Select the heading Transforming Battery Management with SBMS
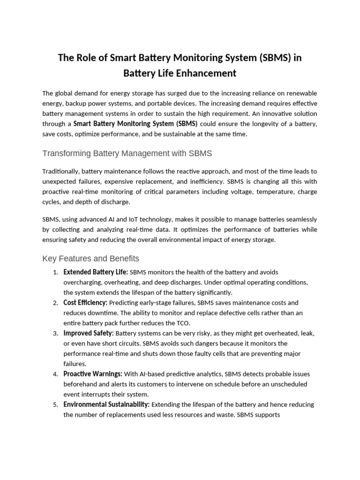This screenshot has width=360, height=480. click(x=127, y=153)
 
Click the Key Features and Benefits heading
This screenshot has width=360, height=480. click(x=90, y=259)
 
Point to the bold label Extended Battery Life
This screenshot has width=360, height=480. click(x=96, y=272)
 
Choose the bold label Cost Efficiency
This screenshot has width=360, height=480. click(x=85, y=303)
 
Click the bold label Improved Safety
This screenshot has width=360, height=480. click(x=89, y=333)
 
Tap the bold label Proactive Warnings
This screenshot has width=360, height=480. click(x=93, y=374)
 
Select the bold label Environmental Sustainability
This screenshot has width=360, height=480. click(x=106, y=405)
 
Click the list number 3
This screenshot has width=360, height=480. click(x=55, y=334)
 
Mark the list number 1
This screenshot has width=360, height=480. click(x=55, y=272)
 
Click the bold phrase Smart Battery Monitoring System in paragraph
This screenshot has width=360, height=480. click(x=123, y=124)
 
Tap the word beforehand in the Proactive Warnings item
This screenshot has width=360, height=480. click(x=80, y=384)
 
